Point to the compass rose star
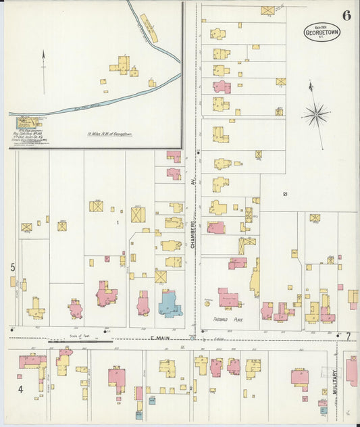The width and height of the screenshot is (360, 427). (x=315, y=114)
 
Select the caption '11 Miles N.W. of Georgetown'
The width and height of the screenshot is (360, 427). (x=109, y=134)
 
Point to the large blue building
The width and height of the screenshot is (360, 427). (x=170, y=303)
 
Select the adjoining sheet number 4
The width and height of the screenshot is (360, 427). (x=20, y=389)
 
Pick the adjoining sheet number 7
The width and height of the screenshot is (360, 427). (x=349, y=336)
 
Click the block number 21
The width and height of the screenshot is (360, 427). (x=285, y=195)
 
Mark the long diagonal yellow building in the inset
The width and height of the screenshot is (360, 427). (x=149, y=28)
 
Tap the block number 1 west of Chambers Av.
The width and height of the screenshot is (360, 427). (x=117, y=222)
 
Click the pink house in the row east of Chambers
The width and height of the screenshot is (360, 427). (x=222, y=86)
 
